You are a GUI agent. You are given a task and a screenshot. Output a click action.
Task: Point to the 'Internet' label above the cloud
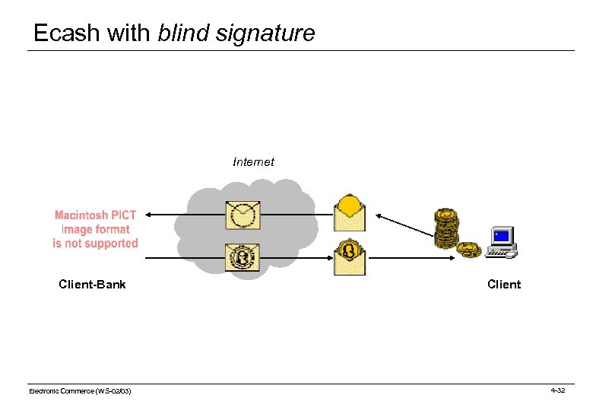(253, 162)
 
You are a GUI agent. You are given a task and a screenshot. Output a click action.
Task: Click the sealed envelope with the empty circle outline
(243, 215)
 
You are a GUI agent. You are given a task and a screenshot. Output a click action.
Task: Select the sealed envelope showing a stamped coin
(243, 257)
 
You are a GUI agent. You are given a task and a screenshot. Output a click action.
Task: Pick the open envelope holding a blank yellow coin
(350, 210)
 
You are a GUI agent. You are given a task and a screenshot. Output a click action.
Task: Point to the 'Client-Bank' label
(92, 285)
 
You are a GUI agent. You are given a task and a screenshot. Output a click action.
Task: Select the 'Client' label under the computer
(503, 285)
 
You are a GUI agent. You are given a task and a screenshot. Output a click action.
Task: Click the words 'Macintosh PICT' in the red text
(95, 215)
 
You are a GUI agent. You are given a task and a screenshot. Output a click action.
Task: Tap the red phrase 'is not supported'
(95, 244)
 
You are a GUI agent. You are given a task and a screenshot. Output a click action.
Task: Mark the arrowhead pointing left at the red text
(150, 215)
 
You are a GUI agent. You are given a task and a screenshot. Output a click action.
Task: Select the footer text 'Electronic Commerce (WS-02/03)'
(79, 391)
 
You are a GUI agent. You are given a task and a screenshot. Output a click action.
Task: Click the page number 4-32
(557, 390)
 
